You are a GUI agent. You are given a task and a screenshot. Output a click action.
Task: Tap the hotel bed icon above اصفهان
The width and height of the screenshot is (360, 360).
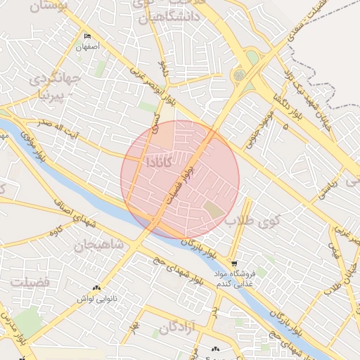coord(88,36)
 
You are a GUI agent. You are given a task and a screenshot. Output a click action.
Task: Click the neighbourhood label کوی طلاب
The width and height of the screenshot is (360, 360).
coord(253,220)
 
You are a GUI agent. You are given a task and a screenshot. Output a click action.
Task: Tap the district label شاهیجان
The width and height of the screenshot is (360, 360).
coord(98,244)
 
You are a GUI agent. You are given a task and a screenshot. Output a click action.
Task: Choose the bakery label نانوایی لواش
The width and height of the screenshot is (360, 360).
coord(95,299)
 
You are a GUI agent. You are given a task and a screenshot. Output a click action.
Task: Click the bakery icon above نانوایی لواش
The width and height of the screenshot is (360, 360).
coord(96,288)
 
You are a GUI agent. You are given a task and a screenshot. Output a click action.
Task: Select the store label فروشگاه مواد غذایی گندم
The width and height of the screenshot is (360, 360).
coord(233,278)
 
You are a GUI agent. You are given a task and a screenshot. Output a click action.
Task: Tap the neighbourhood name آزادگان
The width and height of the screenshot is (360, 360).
coord(180,328)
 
